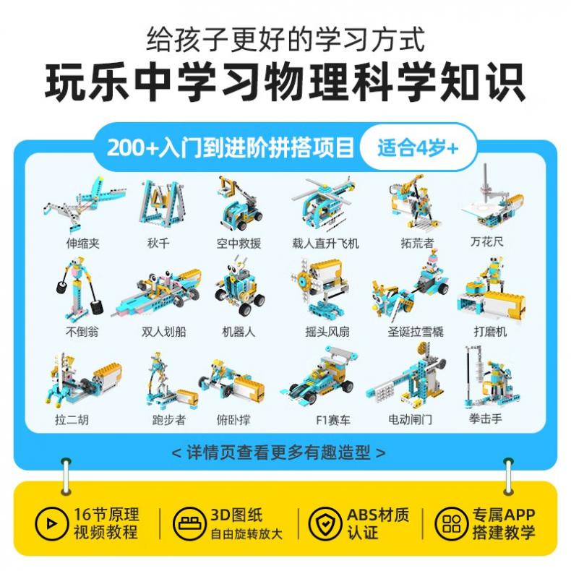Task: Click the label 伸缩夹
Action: click(x=82, y=243)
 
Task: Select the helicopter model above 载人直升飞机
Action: click(x=323, y=205)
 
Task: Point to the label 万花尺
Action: click(x=487, y=241)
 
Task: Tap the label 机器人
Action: click(x=239, y=331)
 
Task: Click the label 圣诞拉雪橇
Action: click(x=416, y=331)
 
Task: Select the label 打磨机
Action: click(x=490, y=331)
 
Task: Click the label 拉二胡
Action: click(x=72, y=420)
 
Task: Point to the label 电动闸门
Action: click(x=411, y=420)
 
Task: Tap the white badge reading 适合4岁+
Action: click(x=418, y=148)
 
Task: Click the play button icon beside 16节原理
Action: click(x=51, y=523)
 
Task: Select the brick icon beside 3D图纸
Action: click(x=189, y=523)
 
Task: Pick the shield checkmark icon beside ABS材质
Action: click(x=324, y=523)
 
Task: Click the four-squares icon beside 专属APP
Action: click(x=451, y=523)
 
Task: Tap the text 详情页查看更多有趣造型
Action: click(x=278, y=452)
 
